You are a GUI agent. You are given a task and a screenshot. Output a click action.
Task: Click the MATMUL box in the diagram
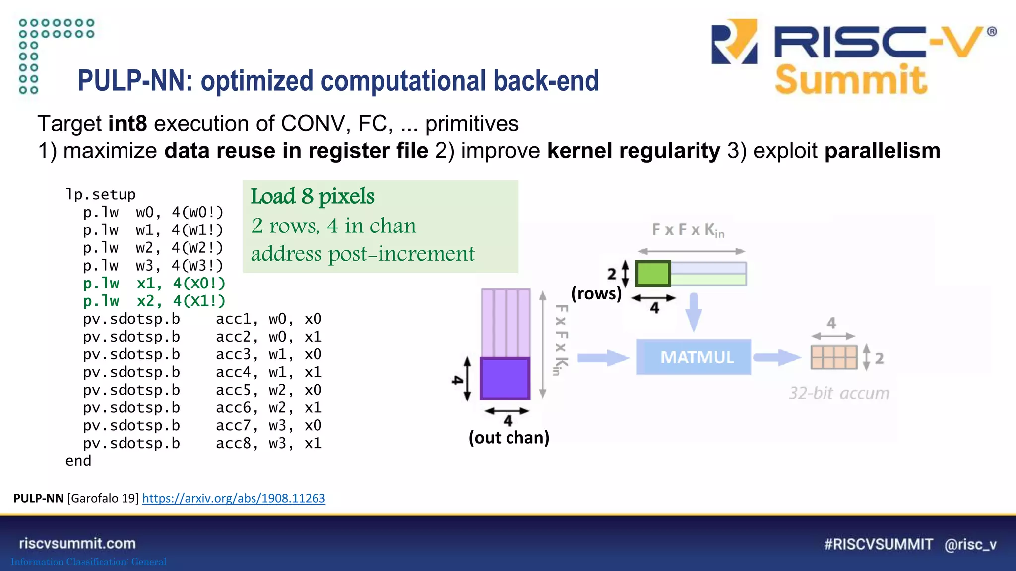693,357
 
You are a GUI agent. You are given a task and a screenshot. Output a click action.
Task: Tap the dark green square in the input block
653,274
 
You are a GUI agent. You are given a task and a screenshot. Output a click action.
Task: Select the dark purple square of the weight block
505,379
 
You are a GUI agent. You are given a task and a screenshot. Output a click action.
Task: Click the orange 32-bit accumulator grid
833,357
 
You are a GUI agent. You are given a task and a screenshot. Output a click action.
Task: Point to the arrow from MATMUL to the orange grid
776,357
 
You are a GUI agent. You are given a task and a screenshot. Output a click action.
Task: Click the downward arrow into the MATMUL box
694,312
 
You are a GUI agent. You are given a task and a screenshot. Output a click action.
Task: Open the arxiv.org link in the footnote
234,498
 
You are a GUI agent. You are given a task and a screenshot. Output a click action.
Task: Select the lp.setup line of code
101,194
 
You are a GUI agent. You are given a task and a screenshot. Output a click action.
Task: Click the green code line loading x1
154,284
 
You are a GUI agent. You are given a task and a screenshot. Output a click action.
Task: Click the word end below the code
78,461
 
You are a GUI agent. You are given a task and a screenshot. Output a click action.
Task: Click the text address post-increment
363,254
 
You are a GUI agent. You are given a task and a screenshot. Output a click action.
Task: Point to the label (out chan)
509,438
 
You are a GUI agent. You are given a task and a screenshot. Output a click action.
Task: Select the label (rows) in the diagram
596,293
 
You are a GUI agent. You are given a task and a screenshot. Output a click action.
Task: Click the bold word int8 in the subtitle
127,124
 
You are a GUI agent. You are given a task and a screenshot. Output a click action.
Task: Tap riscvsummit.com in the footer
77,544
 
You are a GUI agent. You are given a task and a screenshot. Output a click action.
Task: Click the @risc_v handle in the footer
970,545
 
